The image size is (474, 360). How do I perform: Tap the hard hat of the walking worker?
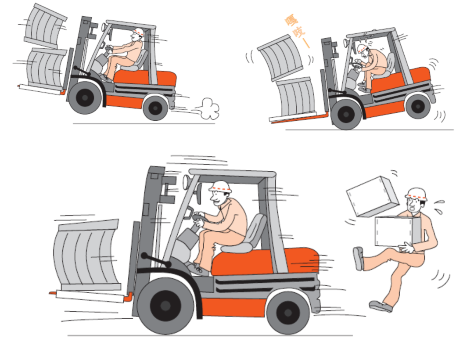pyautogui.click(x=416, y=194)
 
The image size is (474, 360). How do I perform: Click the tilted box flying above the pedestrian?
pyautogui.click(x=372, y=197)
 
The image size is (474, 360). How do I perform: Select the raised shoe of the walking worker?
pyautogui.click(x=359, y=259)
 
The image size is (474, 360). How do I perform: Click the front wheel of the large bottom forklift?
pyautogui.click(x=165, y=306)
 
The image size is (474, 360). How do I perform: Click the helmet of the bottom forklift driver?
pyautogui.click(x=220, y=187)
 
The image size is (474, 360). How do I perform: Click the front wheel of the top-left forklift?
pyautogui.click(x=85, y=97)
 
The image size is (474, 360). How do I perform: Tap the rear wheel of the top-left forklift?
pyautogui.click(x=155, y=107)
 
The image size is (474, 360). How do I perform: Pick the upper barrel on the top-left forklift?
pyautogui.click(x=45, y=27)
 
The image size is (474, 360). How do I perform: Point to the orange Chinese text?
pyautogui.click(x=298, y=32)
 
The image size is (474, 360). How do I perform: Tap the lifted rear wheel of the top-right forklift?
pyautogui.click(x=418, y=106)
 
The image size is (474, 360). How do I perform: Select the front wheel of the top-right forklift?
pyautogui.click(x=346, y=114)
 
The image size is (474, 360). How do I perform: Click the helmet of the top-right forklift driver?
pyautogui.click(x=363, y=48)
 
